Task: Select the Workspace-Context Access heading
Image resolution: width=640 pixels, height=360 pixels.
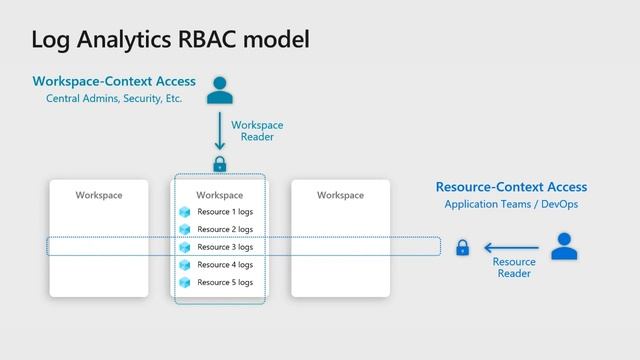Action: coord(114,81)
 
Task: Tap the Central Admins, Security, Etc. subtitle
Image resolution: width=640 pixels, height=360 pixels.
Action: coord(114,99)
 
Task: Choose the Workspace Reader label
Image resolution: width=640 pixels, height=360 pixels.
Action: coord(257,131)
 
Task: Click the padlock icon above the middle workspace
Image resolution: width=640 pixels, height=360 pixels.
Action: coord(219,163)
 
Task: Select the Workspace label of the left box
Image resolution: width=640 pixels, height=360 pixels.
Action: coord(99,195)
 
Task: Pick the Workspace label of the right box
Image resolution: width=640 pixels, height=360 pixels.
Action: coord(340,195)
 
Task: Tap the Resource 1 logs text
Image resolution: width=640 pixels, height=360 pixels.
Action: coord(225,212)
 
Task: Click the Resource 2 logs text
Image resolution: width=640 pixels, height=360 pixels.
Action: coord(225,230)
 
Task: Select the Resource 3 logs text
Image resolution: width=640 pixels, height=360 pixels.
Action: coord(225,247)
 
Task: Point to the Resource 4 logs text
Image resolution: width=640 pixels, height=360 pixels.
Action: coord(225,265)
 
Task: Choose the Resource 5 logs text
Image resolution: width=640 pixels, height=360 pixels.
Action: coord(225,282)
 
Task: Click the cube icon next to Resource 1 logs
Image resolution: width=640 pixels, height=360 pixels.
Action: coord(184,212)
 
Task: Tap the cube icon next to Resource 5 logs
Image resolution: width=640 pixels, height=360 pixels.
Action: coord(184,282)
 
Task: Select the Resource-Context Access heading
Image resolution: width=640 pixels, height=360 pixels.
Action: coord(511,187)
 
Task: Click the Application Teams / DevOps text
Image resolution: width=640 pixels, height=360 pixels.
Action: coord(511,205)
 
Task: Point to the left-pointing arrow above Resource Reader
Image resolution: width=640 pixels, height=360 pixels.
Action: coord(511,247)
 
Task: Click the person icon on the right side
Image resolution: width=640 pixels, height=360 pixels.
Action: coord(564,246)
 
